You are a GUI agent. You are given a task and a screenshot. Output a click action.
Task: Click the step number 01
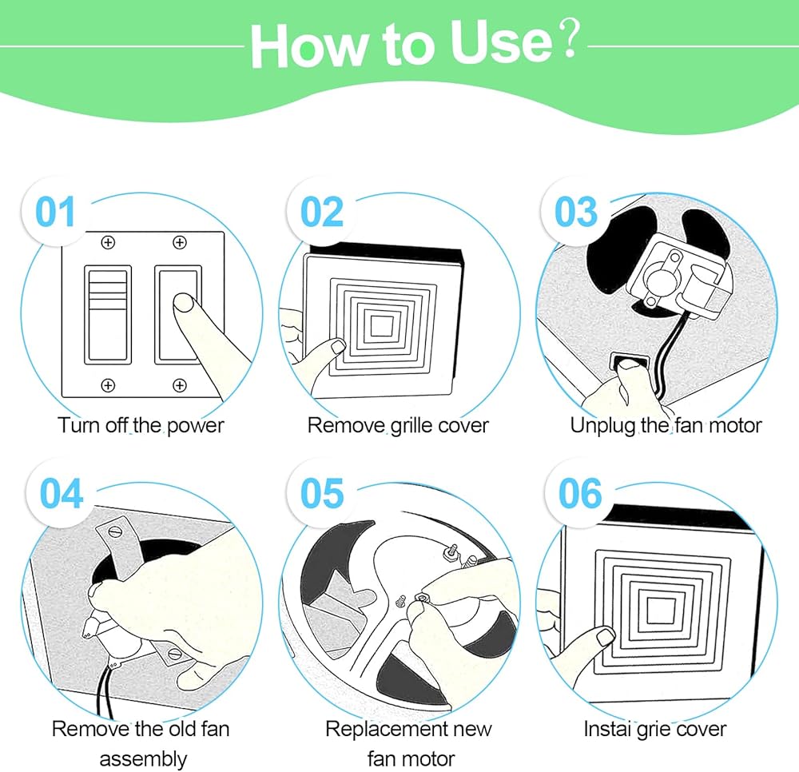(x=55, y=212)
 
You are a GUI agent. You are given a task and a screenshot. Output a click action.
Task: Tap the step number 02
(x=321, y=212)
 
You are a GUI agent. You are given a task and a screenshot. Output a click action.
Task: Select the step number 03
(x=576, y=212)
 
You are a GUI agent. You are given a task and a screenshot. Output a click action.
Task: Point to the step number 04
(x=62, y=493)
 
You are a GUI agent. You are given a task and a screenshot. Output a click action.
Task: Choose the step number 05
(x=322, y=493)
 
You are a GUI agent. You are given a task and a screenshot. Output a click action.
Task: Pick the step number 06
(x=580, y=493)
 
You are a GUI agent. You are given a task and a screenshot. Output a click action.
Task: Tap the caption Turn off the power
(x=141, y=425)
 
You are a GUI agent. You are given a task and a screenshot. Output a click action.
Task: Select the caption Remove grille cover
(x=398, y=425)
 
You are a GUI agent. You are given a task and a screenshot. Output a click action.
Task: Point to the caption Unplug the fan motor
(x=666, y=425)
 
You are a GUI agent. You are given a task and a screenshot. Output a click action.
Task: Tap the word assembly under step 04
(x=143, y=759)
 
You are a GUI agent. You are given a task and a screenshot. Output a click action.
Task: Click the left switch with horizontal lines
(x=108, y=314)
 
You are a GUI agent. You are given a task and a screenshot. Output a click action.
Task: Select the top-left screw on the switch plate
(x=108, y=243)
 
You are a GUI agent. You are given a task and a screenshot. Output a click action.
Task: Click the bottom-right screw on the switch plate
(x=179, y=385)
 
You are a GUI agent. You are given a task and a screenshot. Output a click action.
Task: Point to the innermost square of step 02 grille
(x=381, y=326)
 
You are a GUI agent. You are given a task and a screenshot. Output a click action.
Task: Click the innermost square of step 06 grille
(x=661, y=611)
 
